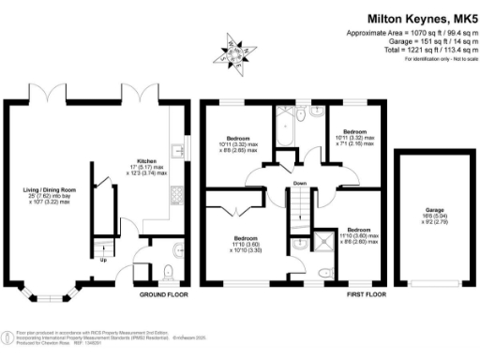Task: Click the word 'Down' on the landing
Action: coord(299,183)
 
